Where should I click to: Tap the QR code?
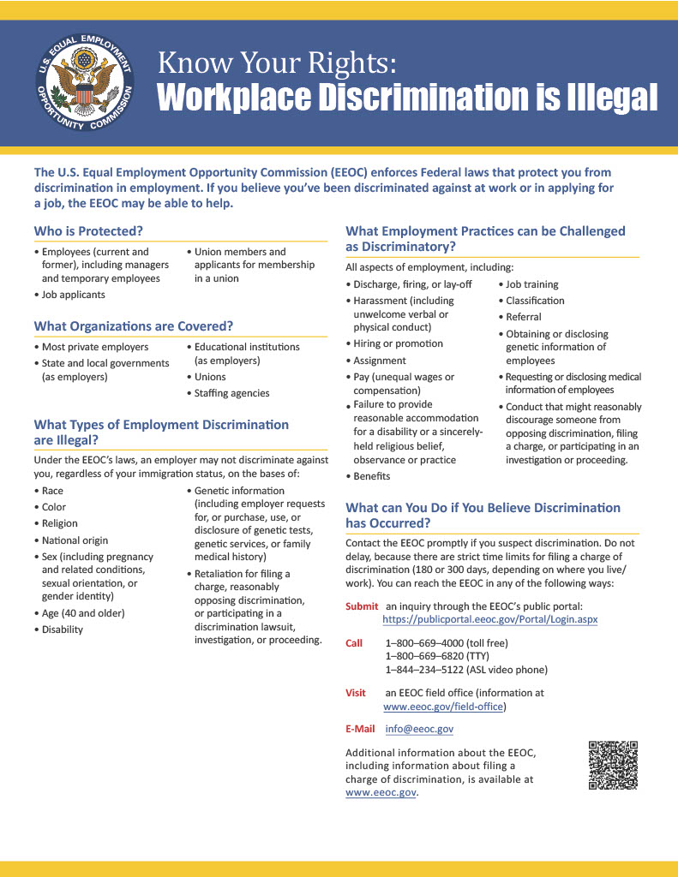(x=613, y=765)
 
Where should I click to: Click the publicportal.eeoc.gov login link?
(x=489, y=619)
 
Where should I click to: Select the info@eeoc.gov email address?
(x=419, y=729)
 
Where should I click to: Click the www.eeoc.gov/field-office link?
(x=444, y=707)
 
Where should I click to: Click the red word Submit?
(x=361, y=606)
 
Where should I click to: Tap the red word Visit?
(x=355, y=693)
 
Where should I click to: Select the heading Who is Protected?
(x=88, y=230)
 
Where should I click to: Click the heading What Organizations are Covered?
(x=133, y=326)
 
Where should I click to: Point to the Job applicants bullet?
(x=74, y=295)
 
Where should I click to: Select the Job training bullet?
(x=531, y=284)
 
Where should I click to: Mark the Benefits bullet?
(x=371, y=476)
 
